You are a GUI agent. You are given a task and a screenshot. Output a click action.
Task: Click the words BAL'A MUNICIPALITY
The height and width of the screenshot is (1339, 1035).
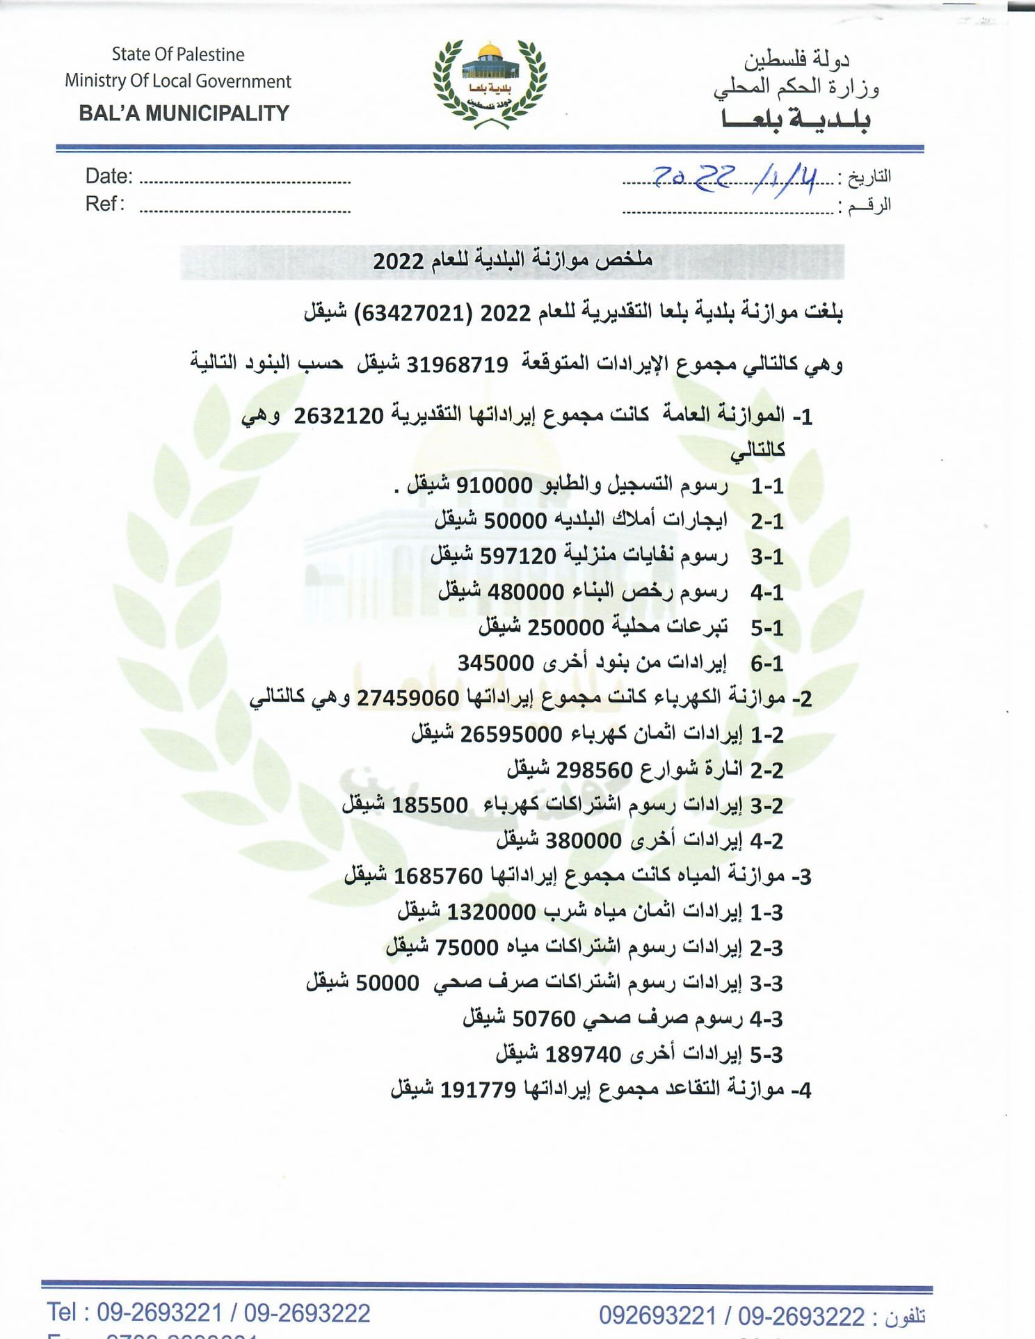point(184,113)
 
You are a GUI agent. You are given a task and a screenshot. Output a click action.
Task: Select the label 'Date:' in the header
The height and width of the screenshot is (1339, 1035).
point(109,176)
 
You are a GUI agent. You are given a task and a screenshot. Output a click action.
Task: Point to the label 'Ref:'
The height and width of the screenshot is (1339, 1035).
point(105,204)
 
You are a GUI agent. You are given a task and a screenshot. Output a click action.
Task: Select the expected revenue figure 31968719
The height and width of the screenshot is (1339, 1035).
point(457,364)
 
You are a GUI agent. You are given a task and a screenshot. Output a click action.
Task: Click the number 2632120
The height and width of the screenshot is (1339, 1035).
point(339,416)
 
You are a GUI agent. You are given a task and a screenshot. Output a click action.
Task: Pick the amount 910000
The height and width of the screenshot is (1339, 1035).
point(494,485)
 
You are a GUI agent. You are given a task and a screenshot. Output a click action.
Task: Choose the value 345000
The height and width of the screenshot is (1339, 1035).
point(495,662)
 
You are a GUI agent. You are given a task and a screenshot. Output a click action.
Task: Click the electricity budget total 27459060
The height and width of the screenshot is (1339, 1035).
point(408,698)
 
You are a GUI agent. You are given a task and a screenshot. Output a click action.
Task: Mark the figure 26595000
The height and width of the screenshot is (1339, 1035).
point(511,734)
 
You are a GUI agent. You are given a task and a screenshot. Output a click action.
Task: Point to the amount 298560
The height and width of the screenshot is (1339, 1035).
point(594,770)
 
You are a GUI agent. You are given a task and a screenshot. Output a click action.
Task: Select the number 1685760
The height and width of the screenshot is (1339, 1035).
point(438,876)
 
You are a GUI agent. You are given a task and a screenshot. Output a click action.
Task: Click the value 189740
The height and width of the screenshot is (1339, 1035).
point(583,1055)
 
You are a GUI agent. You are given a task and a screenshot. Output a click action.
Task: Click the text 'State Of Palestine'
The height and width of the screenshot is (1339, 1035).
point(178,54)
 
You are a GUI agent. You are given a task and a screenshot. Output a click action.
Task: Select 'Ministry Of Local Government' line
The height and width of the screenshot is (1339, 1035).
point(178,81)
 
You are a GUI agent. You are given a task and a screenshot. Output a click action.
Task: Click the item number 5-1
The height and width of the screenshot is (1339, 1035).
point(767,628)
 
